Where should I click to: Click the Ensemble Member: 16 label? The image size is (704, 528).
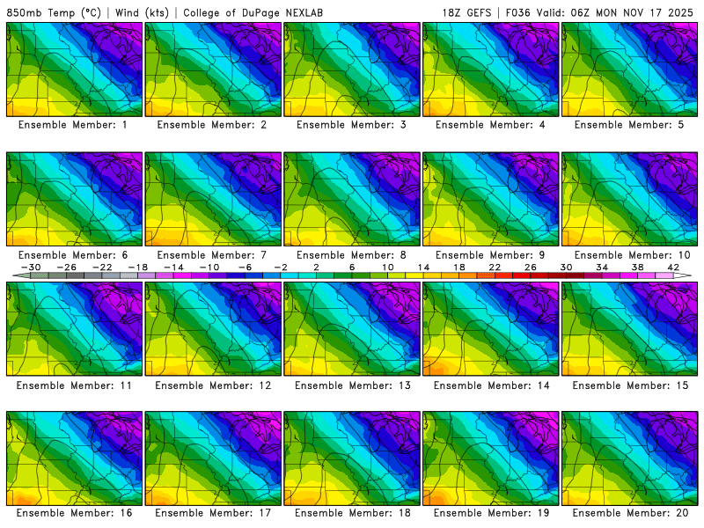click(x=75, y=513)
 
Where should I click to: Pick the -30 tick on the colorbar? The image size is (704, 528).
click(x=31, y=267)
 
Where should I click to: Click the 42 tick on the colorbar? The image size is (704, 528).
click(x=673, y=267)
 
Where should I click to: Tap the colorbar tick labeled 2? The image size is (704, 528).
click(x=316, y=267)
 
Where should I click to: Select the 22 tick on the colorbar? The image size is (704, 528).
click(x=495, y=267)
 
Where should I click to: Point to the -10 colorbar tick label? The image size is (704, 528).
click(x=209, y=267)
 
